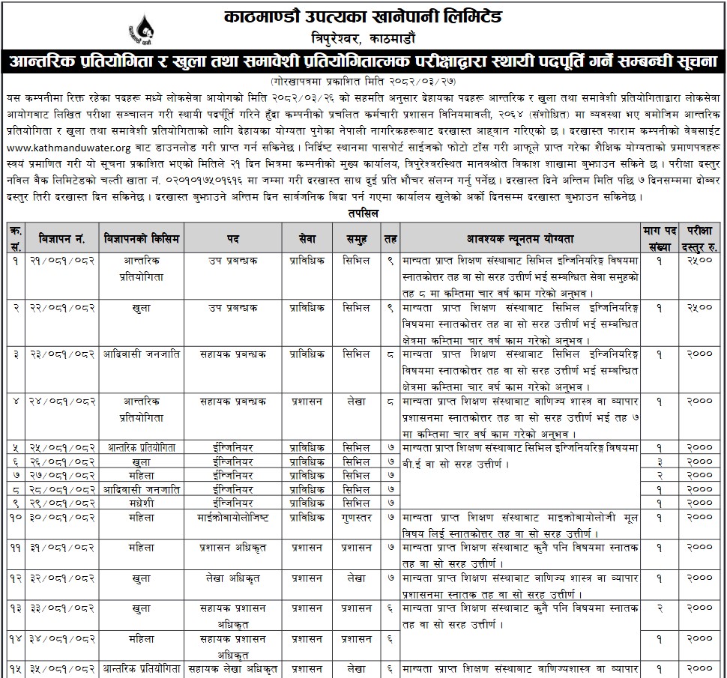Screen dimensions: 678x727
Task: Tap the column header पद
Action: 233,238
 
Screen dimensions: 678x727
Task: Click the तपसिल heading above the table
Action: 363,214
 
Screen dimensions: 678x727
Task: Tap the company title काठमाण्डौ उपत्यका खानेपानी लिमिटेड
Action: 363,16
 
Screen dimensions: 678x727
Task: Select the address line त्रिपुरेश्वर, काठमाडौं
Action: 363,38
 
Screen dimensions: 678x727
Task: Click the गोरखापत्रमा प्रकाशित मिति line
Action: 363,80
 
